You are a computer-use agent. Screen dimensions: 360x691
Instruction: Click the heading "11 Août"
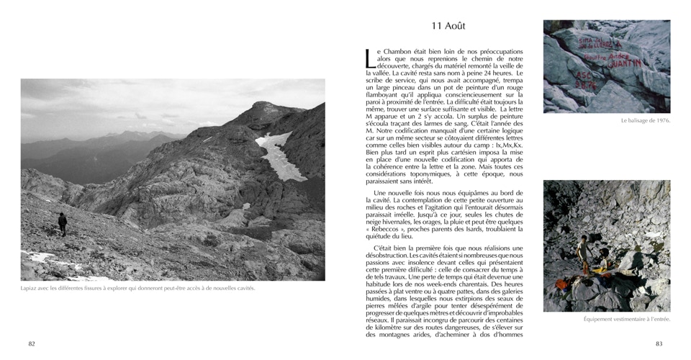448,26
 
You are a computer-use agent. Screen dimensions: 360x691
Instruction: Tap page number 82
32,343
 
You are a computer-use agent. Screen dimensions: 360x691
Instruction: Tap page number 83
659,343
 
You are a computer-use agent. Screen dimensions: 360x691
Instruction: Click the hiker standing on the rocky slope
63,223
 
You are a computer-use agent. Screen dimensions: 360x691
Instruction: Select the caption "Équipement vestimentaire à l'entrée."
626,319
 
